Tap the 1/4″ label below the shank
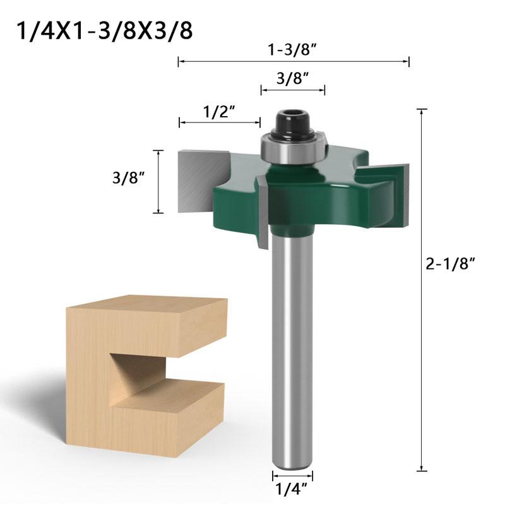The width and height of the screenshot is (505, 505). (292, 487)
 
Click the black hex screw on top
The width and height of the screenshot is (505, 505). (292, 122)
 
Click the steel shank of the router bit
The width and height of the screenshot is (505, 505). (292, 347)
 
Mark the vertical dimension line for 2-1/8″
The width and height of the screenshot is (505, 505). (422, 290)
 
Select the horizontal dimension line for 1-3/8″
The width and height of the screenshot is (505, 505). (294, 61)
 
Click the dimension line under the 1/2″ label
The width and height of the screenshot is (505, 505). (220, 122)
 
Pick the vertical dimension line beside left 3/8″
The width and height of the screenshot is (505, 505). (158, 182)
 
